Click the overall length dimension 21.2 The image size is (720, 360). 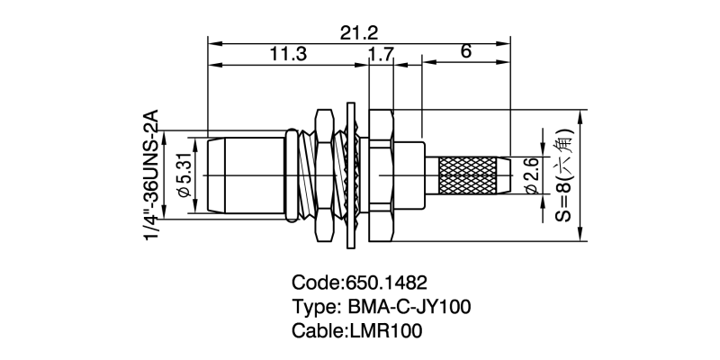pos(358,33)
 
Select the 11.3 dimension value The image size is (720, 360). pos(288,55)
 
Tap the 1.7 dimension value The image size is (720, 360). pos(381,55)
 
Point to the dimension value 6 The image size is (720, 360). pos(465,53)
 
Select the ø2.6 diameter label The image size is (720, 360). pos(531,176)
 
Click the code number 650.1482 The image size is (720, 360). pos(386,281)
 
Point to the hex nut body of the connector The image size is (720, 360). pos(380,175)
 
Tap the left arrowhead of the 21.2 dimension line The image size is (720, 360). pos(213,41)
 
